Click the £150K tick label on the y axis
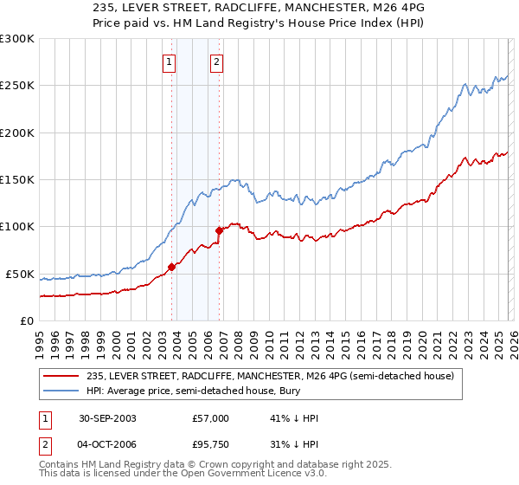click(x=16, y=180)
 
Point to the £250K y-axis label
click(x=16, y=86)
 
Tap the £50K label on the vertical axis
click(x=20, y=274)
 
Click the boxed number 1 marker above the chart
click(x=168, y=61)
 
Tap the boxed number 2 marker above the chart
click(x=215, y=61)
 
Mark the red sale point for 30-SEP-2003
click(x=172, y=267)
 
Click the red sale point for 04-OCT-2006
click(x=219, y=230)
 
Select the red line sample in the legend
click(x=61, y=375)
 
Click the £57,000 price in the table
click(x=211, y=418)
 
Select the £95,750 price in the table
click(x=211, y=444)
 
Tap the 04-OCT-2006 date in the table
click(x=106, y=444)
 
